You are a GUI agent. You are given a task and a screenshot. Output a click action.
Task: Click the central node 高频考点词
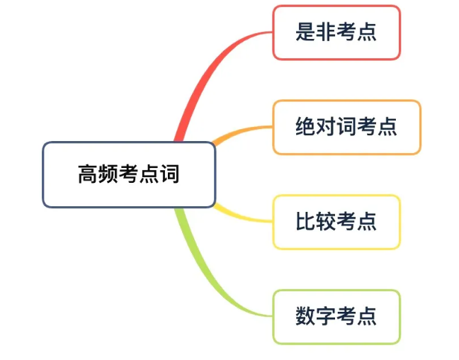tap(129, 174)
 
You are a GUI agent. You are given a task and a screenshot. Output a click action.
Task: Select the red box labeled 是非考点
tap(336, 33)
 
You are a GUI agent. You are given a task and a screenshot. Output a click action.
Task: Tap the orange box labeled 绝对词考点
tap(347, 127)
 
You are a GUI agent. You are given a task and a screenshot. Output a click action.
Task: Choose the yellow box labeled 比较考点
tap(336, 222)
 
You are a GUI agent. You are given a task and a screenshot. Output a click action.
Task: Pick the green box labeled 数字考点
tap(336, 317)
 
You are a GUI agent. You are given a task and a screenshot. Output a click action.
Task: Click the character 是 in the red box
tap(305, 32)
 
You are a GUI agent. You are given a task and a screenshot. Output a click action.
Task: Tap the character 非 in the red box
tap(326, 32)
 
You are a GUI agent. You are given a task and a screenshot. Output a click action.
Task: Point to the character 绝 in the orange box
tap(305, 126)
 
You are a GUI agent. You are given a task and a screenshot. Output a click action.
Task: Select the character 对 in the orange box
tap(326, 126)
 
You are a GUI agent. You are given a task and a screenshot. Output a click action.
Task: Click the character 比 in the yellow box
tap(305, 221)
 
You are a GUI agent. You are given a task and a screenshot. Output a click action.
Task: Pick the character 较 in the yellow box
tap(326, 221)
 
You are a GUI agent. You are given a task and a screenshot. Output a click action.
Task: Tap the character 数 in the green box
tap(305, 316)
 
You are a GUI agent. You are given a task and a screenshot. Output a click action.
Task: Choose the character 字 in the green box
tap(326, 316)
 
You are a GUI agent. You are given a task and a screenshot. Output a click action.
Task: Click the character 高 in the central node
tap(88, 174)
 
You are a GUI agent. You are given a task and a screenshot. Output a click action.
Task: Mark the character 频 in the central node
tap(108, 174)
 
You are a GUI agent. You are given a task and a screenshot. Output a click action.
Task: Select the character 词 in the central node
tap(169, 174)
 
